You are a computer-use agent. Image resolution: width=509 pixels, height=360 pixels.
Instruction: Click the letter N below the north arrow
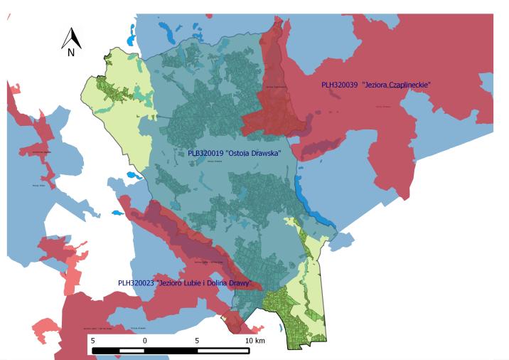click(71, 53)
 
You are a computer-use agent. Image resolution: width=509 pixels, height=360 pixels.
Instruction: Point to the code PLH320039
click(339, 85)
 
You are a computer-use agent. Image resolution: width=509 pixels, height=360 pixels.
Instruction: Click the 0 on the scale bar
click(145, 341)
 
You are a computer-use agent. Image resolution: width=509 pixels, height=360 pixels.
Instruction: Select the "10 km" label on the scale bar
click(254, 341)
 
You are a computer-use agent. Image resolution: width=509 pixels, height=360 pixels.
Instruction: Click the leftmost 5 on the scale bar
click(93, 341)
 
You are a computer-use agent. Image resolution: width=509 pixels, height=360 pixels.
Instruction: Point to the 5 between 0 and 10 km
click(197, 341)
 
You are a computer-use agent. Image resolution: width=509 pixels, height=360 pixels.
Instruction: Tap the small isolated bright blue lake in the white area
click(117, 213)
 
